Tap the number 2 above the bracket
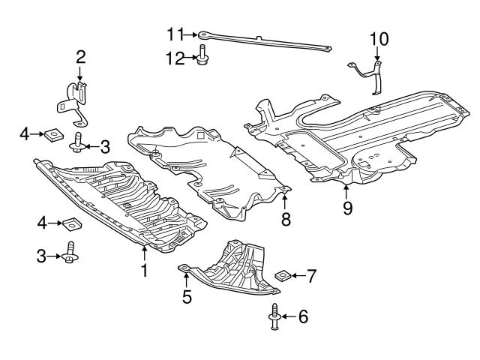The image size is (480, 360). (x=80, y=56)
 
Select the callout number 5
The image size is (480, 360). (x=187, y=297)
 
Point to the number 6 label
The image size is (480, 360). (x=302, y=317)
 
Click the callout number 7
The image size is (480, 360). (x=311, y=276)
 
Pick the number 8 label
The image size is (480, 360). (x=286, y=220)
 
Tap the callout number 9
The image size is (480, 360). (x=347, y=208)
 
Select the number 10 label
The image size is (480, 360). (x=379, y=37)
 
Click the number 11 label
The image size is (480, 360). (x=175, y=34)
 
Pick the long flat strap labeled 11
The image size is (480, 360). (x=262, y=41)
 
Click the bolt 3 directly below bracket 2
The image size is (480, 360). (x=78, y=144)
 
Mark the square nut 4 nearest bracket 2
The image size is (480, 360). (x=52, y=135)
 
